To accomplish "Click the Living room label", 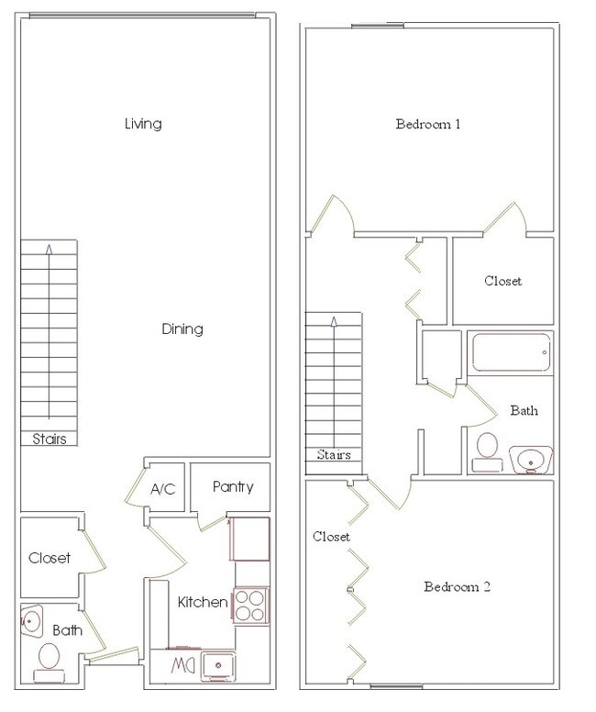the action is (143, 124).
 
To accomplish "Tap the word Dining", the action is (182, 328).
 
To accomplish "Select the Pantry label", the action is (233, 487).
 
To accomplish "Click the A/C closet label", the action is (162, 489).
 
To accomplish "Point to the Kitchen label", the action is (203, 602).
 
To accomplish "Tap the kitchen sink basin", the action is (218, 666).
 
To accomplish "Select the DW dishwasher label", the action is (183, 666).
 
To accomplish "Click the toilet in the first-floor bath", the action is (49, 662).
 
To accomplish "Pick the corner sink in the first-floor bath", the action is (31, 620).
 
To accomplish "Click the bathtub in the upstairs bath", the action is (512, 353).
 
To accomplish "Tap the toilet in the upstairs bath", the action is (487, 452).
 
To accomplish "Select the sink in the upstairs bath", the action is (531, 460).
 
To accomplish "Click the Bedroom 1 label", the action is (428, 124).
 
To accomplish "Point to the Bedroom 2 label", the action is (458, 586).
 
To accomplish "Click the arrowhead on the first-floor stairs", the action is (49, 249).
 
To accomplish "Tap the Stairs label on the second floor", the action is (334, 454).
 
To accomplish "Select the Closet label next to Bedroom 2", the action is (331, 537).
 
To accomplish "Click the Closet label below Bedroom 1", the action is (503, 281).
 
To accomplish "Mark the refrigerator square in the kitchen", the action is (249, 539).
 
